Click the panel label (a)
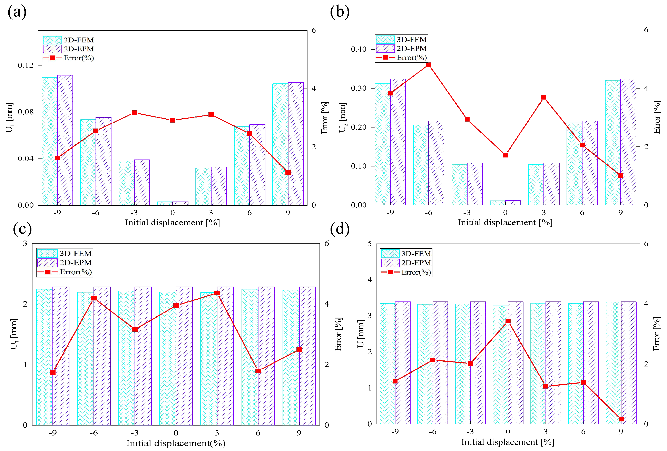[x=17, y=12]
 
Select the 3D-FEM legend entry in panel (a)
[x=68, y=40]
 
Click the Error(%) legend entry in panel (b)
[x=401, y=58]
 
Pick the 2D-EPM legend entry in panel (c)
[x=65, y=263]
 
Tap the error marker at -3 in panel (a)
[x=134, y=113]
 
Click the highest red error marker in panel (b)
[x=429, y=65]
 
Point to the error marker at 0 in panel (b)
[x=506, y=155]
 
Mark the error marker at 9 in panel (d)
[x=621, y=419]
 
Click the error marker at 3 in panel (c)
[x=217, y=293]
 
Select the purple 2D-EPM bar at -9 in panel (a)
[x=65, y=141]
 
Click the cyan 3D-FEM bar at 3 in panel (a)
[x=203, y=186]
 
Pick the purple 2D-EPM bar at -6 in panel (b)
[x=436, y=163]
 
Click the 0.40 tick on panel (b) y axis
[x=359, y=49]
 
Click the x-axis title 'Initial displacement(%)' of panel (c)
[x=176, y=443]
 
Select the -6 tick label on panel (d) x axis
[x=432, y=431]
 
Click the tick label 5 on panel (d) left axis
[x=370, y=244]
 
